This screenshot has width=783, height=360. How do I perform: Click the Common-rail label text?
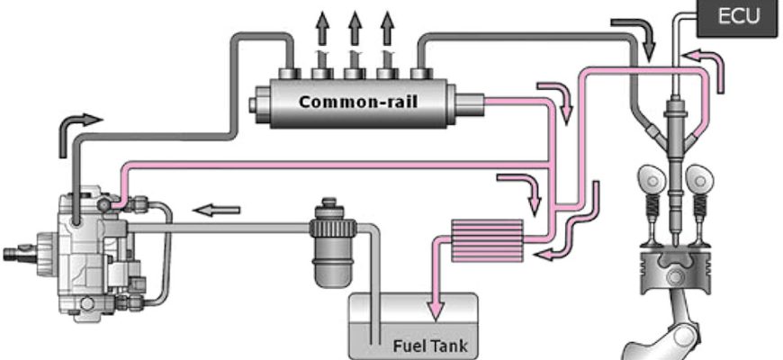[x=358, y=102]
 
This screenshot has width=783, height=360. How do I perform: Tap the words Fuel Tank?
[x=430, y=346]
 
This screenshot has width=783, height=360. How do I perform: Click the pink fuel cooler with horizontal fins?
[x=487, y=240]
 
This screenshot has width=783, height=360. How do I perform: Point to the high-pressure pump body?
[x=97, y=252]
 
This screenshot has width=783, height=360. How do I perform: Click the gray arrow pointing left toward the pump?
[x=216, y=211]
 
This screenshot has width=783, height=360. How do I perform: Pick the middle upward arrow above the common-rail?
[x=355, y=29]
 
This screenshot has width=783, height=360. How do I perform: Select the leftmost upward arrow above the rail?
[x=322, y=29]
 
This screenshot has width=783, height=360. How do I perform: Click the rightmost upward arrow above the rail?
[x=387, y=29]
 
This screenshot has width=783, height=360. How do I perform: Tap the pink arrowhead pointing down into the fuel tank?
[x=436, y=311]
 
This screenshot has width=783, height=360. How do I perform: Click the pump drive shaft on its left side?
[x=20, y=254]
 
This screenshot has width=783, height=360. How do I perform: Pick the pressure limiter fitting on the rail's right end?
[x=469, y=103]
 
